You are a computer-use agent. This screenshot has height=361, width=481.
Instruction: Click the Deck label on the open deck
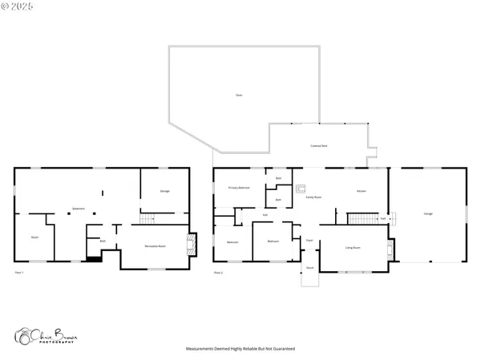click(239, 95)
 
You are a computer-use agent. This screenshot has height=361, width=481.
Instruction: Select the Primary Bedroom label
click(240, 187)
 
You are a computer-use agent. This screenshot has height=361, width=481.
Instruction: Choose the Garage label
click(428, 213)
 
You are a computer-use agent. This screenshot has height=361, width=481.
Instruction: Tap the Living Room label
click(351, 248)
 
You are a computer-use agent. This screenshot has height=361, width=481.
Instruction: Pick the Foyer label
click(309, 240)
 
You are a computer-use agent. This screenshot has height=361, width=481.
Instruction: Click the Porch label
click(309, 267)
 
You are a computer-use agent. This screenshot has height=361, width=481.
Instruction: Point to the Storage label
click(164, 191)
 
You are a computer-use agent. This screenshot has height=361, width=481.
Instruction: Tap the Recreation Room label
click(155, 246)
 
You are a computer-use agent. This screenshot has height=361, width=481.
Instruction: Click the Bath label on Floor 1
click(103, 241)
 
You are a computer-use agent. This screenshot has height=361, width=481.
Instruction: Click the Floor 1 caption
click(19, 274)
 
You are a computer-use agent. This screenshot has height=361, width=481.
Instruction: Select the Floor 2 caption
click(218, 274)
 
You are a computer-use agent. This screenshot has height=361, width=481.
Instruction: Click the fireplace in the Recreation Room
click(190, 243)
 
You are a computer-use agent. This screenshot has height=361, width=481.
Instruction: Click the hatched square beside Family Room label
click(301, 190)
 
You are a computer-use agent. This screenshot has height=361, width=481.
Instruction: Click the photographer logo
click(46, 336)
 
